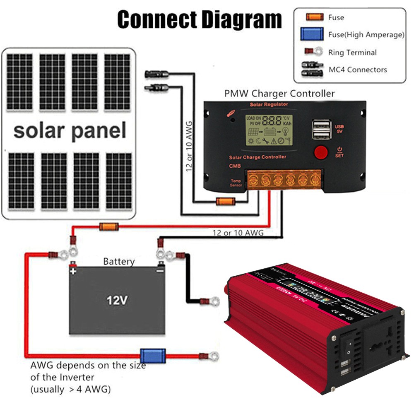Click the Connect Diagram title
click(200, 19)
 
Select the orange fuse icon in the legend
click(314, 17)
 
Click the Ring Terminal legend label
click(352, 53)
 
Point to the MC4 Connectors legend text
click(358, 70)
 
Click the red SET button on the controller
click(321, 152)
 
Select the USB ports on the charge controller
click(321, 130)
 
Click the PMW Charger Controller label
click(279, 94)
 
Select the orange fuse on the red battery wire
click(109, 226)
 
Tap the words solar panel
click(70, 130)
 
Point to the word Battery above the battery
click(119, 262)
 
